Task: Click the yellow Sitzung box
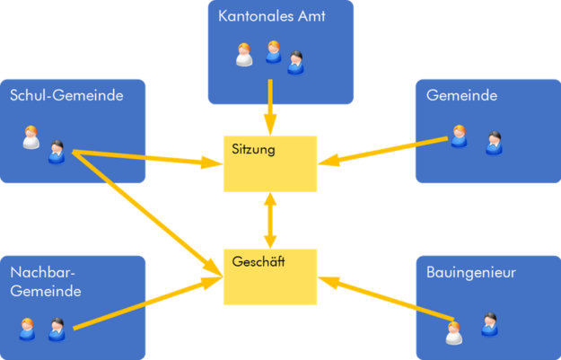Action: coord(269,163)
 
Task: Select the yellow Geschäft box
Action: coord(269,277)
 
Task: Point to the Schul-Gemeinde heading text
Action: coord(66,94)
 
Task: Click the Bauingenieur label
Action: coord(471,270)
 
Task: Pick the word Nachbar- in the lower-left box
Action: coord(40,272)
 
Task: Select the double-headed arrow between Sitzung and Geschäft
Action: coord(269,221)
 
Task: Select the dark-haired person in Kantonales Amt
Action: coord(296,61)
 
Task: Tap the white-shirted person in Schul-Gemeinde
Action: coord(31,137)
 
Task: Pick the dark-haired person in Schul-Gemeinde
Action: coord(57,151)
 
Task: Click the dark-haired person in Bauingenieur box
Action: coord(488,323)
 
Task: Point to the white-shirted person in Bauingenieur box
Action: coord(455,332)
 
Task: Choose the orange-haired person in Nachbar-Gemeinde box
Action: coord(28,329)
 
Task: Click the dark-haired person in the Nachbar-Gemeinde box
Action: coord(57,329)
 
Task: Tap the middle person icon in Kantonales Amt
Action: coord(273,51)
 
